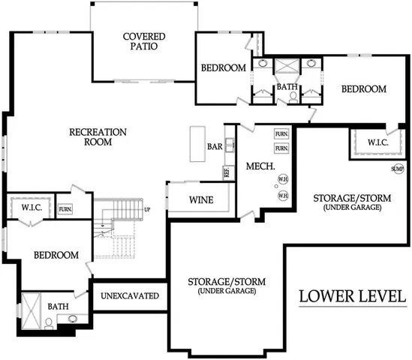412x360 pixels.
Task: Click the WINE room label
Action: pos(201,200)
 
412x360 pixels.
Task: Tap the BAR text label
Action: pos(215,147)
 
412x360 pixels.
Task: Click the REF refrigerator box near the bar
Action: pos(226,172)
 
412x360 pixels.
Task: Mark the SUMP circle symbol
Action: pos(397,169)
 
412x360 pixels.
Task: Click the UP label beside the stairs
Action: pos(148,209)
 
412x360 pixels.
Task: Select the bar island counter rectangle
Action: pos(197,139)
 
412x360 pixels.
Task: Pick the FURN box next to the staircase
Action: pos(65,208)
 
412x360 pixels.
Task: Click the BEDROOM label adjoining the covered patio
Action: pos(224,69)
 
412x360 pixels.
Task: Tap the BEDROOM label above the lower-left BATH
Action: pos(56,255)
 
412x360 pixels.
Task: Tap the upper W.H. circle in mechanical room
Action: pos(283,179)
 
